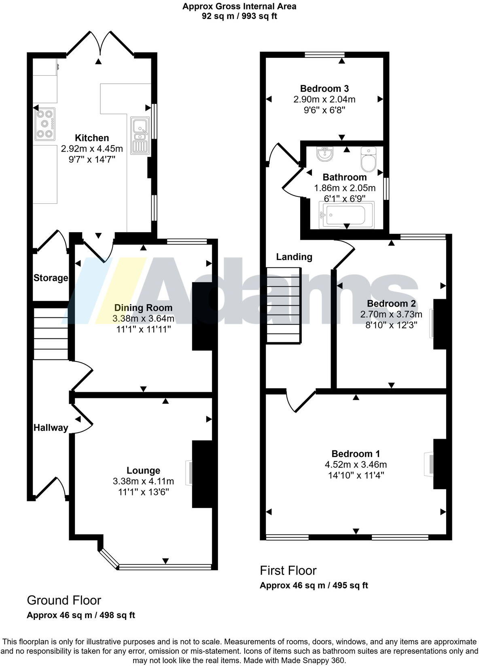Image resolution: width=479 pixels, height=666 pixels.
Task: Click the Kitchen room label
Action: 92,138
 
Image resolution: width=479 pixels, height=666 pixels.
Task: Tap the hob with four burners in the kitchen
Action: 45,124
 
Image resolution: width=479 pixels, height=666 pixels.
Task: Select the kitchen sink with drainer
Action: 140,136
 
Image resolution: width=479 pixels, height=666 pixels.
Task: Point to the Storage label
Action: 51,278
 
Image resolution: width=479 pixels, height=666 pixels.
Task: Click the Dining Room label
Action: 143,308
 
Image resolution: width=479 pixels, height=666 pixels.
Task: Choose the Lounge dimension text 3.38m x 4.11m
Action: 143,481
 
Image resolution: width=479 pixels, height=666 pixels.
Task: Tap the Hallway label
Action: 51,428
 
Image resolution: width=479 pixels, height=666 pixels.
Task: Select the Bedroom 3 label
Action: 324,89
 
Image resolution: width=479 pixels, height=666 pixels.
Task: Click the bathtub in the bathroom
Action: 347,215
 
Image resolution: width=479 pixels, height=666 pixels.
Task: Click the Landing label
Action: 294,257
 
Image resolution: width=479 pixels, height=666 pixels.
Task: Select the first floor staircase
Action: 284,305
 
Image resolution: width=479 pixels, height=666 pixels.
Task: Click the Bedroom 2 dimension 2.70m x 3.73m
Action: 391,314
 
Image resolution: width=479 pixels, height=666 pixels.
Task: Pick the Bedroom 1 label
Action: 356,454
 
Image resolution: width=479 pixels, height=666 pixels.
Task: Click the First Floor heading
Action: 288,571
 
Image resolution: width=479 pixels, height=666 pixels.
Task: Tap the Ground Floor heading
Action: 64,600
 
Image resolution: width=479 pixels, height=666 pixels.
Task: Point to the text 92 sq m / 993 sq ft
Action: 239,17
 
